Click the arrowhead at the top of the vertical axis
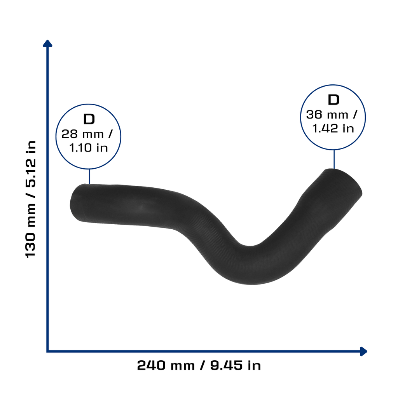47,44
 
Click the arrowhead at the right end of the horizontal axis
363,351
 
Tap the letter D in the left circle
89,119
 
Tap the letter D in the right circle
333,100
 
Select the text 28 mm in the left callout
82,134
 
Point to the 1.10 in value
89,148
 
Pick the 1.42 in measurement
333,128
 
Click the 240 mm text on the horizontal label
166,365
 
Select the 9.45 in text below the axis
236,365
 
